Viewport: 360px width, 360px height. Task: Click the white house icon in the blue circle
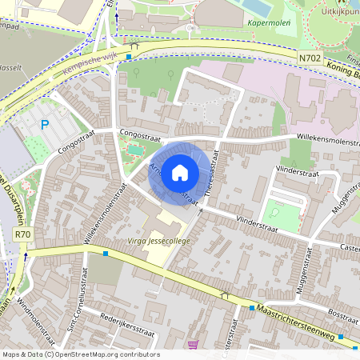click(x=180, y=172)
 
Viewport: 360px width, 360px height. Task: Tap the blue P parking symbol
click(x=46, y=125)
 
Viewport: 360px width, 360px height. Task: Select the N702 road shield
click(x=310, y=58)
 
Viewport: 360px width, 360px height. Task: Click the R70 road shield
click(x=22, y=234)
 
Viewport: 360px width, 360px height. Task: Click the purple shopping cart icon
click(x=192, y=345)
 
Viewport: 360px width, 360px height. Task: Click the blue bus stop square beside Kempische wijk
click(x=128, y=58)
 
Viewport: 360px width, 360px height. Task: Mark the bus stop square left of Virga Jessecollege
click(x=106, y=254)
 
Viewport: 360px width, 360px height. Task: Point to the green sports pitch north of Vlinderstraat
click(x=282, y=214)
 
